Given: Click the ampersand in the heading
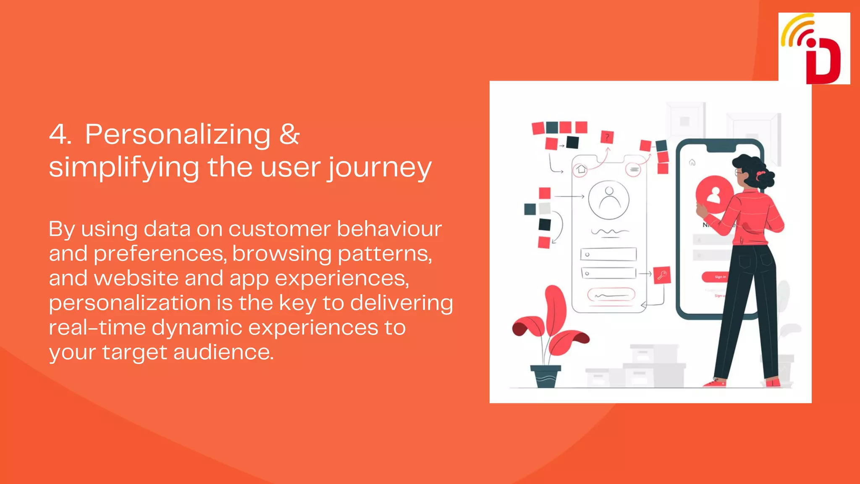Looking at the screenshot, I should tap(289, 134).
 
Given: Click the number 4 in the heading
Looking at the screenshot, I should tap(60, 134).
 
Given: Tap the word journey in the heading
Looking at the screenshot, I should tap(379, 168).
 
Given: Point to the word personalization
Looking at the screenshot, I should tap(130, 303).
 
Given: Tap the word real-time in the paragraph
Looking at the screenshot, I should tap(97, 328).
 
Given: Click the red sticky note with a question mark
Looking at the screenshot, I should tap(607, 137).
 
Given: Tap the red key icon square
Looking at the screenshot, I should tap(662, 275).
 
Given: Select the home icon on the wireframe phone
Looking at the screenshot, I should tap(581, 169).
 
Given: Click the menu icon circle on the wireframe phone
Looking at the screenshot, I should tap(634, 170).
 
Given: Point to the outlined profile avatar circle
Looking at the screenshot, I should tap(608, 200).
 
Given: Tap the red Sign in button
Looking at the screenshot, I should tap(714, 277).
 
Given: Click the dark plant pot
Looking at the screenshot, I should tap(545, 376).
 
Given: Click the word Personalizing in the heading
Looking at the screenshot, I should tap(178, 134).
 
